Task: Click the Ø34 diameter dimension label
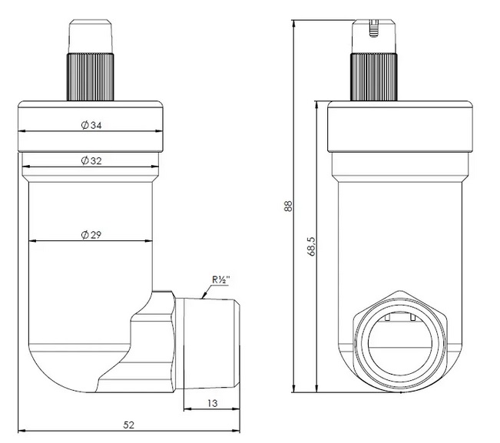coord(91,125)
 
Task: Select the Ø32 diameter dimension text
coord(91,160)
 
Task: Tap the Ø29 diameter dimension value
coord(91,235)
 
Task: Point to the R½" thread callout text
coord(221,280)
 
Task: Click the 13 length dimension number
coord(212,403)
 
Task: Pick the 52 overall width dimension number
coord(129,425)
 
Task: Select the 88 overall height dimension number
coord(287,206)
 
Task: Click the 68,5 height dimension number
coord(312,246)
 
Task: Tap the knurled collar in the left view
coord(90,77)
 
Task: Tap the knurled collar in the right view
coord(374,77)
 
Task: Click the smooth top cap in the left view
coord(91,36)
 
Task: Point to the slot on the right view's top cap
coord(374,28)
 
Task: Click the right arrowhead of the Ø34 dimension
coord(159,131)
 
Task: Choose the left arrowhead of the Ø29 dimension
coord(33,241)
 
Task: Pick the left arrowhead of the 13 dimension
coord(188,409)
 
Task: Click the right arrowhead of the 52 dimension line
coord(236,431)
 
